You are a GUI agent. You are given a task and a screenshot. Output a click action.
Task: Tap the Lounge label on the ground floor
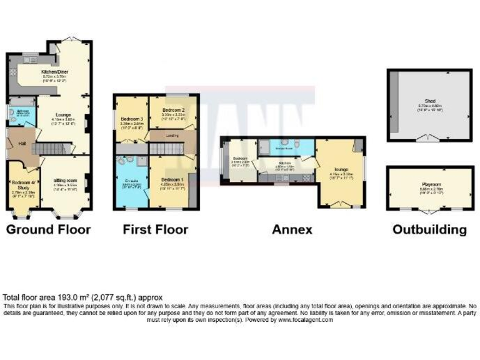coord(62,115)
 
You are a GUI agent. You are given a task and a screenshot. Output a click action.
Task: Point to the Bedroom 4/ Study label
coord(22,184)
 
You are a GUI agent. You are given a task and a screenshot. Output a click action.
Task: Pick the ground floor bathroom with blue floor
coord(21,114)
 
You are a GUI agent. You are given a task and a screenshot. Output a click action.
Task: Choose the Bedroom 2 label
coord(170,111)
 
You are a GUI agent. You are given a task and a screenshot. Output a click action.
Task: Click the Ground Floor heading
coord(48,229)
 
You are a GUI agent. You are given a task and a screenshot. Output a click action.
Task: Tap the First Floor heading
coord(155,229)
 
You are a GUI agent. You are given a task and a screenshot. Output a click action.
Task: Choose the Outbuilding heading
coord(429,229)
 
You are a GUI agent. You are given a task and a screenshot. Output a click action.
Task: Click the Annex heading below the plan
coord(292,229)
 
